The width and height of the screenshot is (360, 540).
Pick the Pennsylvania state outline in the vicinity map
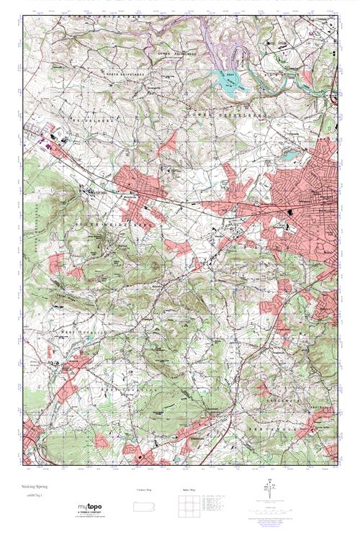145,507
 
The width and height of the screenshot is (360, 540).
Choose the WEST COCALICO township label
97,333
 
